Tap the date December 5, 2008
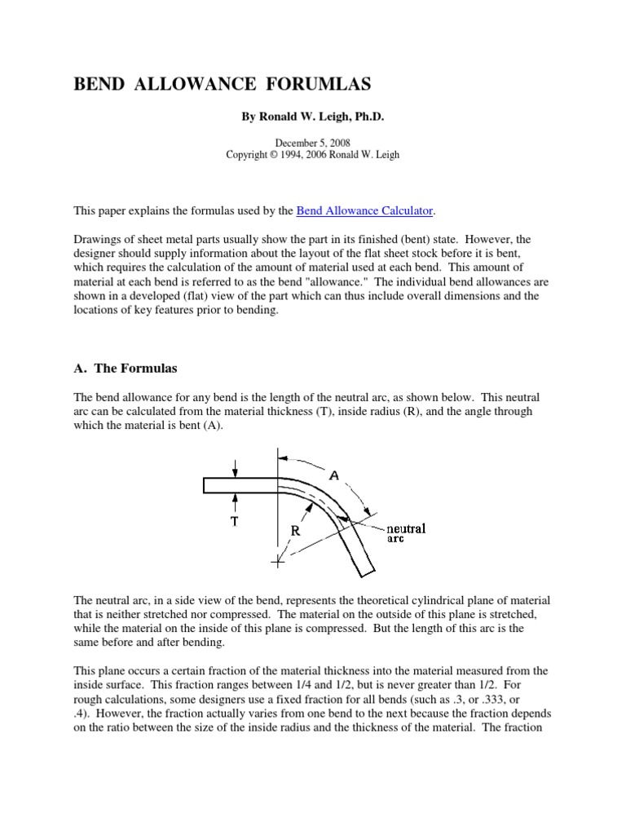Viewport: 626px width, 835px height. (x=312, y=142)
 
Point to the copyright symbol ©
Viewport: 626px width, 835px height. (x=273, y=155)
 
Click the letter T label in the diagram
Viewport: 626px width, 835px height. (x=235, y=523)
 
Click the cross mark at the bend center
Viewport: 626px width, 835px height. (x=278, y=561)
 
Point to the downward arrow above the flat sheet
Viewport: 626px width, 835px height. (x=235, y=467)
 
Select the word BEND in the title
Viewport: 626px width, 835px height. (x=100, y=84)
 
